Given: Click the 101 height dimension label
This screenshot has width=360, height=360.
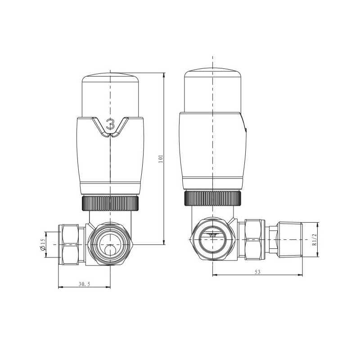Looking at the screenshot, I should click(161, 158).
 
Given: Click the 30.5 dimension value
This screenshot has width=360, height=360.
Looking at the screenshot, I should click(84, 284).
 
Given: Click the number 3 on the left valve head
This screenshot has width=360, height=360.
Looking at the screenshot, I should click(110, 123).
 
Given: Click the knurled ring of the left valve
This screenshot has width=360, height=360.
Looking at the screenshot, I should click(110, 203).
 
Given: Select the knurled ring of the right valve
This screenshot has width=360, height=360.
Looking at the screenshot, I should click(213, 198).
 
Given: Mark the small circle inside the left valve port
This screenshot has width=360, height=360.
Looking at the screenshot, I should click(110, 251).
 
